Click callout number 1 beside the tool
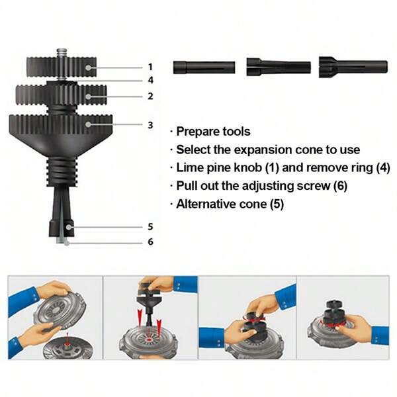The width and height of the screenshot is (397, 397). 150,67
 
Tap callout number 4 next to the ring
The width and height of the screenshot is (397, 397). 150,81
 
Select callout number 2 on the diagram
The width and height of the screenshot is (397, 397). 150,96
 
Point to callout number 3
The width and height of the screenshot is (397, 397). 150,124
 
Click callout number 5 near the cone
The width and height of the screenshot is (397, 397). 150,227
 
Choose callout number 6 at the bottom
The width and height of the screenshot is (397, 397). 150,242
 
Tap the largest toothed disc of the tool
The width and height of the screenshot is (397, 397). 60,124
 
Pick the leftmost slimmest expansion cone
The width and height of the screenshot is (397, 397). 204,67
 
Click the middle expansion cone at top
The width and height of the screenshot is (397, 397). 278,67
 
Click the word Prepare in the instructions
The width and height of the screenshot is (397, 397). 197,132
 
